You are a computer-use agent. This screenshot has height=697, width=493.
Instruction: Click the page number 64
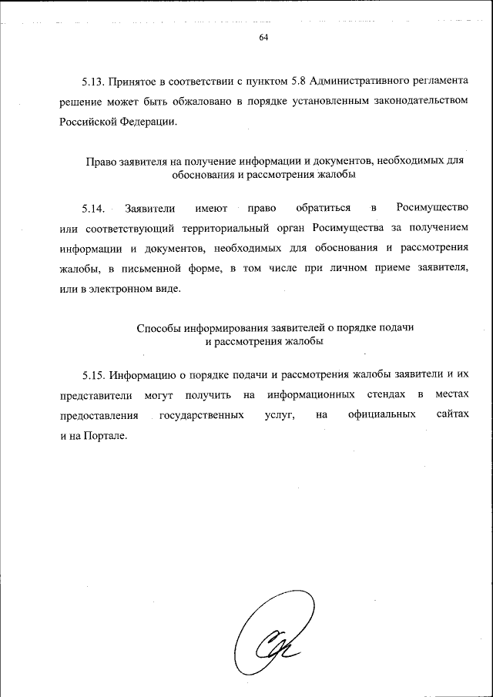click(x=263, y=39)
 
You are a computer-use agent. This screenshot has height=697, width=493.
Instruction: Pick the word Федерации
click(x=150, y=122)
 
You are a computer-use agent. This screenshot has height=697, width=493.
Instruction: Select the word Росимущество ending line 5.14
click(x=432, y=208)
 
